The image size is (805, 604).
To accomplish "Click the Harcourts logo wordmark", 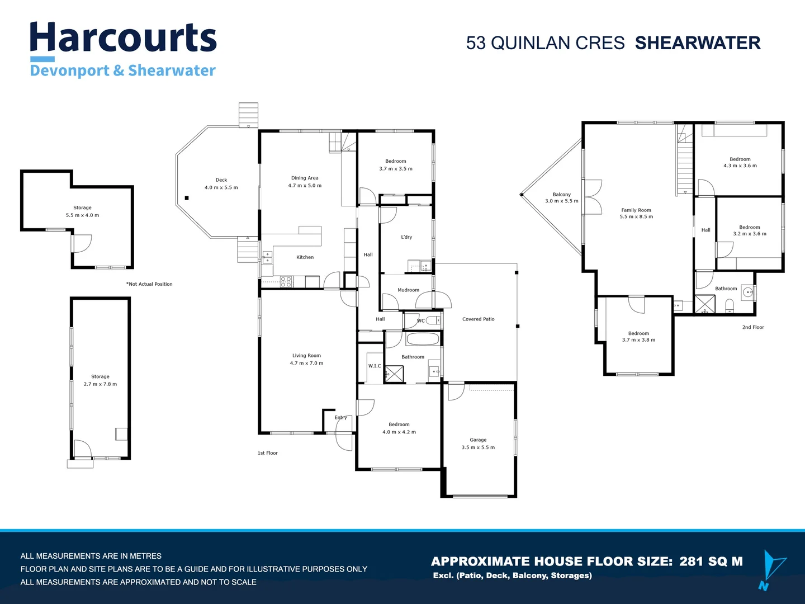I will click(x=123, y=38).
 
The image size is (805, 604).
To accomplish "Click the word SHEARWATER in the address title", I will click(x=697, y=43).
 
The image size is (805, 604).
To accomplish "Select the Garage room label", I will click(x=478, y=440).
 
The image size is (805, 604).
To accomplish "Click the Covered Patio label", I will click(x=478, y=319).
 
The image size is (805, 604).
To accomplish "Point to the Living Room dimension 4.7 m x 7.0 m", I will click(x=306, y=364).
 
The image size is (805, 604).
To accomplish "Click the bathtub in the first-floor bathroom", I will click(x=423, y=339).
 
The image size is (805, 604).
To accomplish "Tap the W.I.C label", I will click(x=375, y=366).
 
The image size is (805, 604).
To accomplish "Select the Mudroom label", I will click(x=408, y=290).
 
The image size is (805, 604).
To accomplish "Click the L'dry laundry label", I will click(x=406, y=237).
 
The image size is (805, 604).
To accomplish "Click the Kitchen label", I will click(x=305, y=257).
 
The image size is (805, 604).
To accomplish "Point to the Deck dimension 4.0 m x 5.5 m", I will click(x=221, y=188).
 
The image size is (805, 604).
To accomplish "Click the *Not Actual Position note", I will click(x=149, y=284).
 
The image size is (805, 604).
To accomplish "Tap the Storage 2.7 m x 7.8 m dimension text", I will click(x=100, y=384).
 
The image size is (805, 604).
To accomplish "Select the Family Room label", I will click(x=636, y=210).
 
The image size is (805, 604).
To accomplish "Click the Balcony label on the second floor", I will click(x=561, y=195).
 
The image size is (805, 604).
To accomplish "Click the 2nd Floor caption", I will click(x=752, y=327).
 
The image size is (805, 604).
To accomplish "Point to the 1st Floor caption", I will click(x=267, y=453).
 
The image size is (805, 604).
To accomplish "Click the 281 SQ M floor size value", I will click(x=711, y=561).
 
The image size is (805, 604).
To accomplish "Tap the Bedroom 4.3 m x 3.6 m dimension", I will click(x=740, y=166).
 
